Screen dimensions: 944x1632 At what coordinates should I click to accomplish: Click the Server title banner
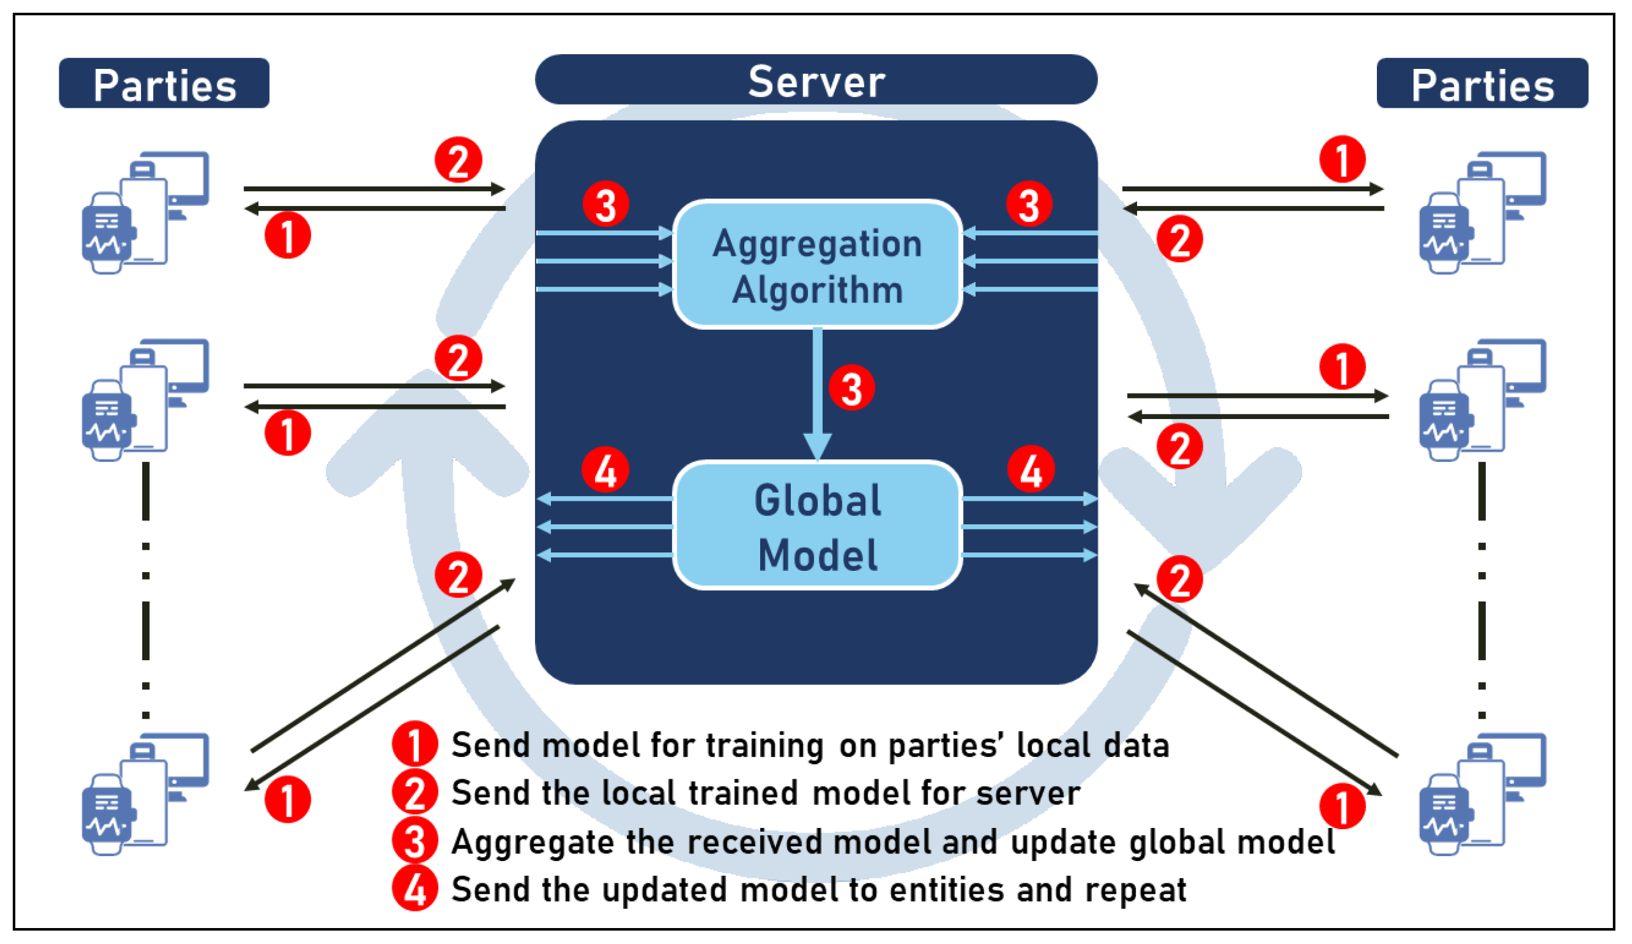(816, 80)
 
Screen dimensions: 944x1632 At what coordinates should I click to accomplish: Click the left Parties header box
(164, 84)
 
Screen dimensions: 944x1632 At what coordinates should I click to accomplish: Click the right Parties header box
(1481, 84)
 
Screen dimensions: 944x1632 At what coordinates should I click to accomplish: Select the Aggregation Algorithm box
(818, 264)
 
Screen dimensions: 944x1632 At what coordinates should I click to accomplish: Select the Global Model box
(818, 526)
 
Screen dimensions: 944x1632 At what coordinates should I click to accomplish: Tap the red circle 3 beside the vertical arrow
(851, 388)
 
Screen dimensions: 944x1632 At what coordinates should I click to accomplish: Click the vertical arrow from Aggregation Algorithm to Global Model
(818, 388)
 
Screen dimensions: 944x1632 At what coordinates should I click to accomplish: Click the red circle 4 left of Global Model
(605, 469)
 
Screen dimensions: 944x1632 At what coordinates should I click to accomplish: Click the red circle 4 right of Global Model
(1031, 469)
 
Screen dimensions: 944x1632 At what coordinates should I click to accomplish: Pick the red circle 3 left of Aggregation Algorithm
(605, 204)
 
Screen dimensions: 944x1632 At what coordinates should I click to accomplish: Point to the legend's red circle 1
(415, 744)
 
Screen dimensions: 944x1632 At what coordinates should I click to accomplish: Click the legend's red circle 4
(415, 889)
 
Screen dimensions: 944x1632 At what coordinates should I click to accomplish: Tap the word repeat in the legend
(1135, 889)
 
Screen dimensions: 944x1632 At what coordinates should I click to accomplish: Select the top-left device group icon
(145, 212)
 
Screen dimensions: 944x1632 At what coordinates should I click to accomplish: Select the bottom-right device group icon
(1481, 793)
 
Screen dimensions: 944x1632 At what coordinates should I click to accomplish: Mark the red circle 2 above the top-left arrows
(458, 160)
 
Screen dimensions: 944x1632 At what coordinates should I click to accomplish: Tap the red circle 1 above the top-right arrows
(1342, 159)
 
